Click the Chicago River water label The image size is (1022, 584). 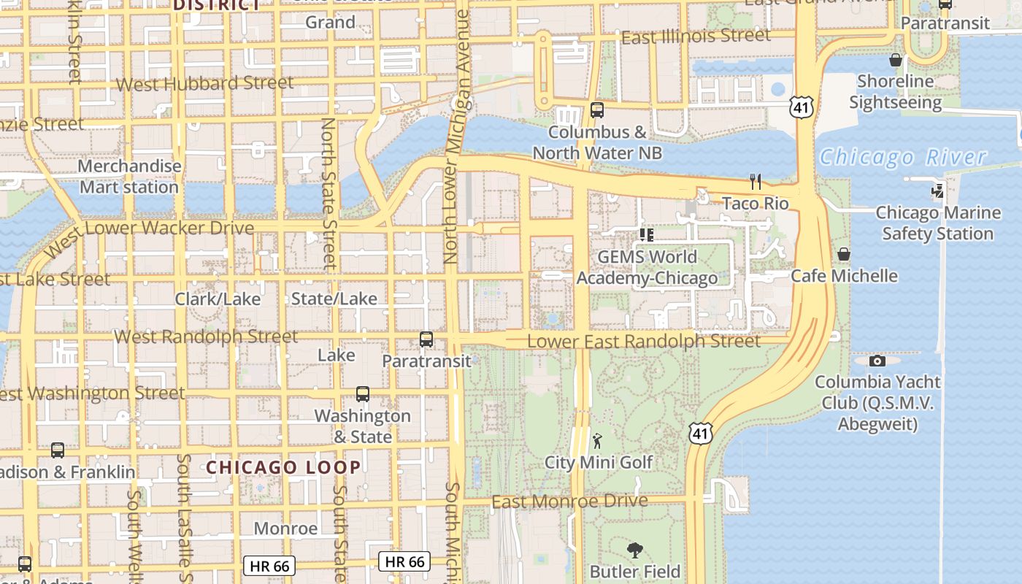903,157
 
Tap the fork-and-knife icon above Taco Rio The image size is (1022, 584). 756,182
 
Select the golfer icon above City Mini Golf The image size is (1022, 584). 598,440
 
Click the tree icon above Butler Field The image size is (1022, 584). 635,550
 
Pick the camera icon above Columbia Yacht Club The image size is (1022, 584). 877,361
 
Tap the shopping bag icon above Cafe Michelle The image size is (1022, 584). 844,254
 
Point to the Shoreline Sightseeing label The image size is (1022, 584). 895,92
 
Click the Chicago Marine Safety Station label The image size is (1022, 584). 938,223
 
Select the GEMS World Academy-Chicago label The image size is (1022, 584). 647,268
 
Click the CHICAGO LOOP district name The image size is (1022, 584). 283,467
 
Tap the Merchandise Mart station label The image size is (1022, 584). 129,177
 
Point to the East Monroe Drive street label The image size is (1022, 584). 569,502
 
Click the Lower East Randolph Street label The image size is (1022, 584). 643,341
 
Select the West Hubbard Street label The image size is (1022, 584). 204,83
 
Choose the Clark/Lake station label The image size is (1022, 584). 218,299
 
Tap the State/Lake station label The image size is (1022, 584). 334,299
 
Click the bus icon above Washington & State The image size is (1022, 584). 363,394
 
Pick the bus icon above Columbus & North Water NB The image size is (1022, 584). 597,110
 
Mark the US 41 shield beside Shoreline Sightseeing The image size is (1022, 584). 801,109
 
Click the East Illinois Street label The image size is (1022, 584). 696,36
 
